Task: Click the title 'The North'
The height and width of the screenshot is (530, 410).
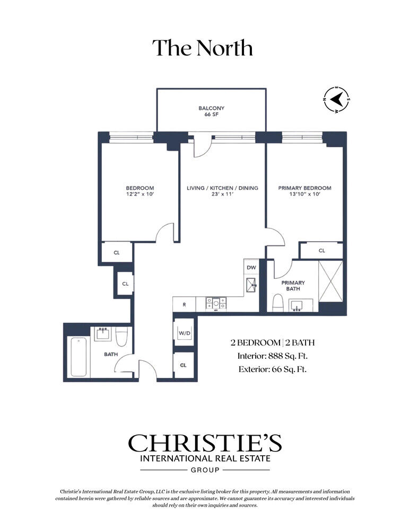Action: [202, 48]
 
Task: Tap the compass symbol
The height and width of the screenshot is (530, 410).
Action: [336, 100]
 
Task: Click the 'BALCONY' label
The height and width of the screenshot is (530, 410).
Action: [212, 108]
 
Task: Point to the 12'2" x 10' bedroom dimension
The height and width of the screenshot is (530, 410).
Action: [139, 194]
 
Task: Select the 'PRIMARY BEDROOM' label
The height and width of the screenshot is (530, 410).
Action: [304, 188]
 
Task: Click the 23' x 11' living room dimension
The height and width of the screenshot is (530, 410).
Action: [222, 194]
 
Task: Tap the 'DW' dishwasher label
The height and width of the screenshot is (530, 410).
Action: [251, 267]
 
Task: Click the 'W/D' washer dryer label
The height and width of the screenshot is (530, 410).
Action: [185, 333]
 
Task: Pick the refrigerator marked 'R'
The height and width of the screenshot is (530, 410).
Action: [184, 304]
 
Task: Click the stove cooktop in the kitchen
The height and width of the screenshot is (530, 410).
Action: [216, 303]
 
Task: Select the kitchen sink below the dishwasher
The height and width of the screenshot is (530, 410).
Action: [252, 285]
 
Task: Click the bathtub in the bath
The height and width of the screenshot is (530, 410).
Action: [78, 356]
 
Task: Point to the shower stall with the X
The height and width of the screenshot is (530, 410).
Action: [330, 281]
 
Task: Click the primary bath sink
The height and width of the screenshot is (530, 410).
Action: [297, 306]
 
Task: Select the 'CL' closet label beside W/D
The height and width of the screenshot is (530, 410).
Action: [184, 365]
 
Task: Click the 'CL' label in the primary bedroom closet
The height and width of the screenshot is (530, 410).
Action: [322, 251]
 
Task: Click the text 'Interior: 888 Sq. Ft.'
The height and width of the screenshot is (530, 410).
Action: [272, 356]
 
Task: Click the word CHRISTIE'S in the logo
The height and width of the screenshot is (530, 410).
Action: [205, 443]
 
